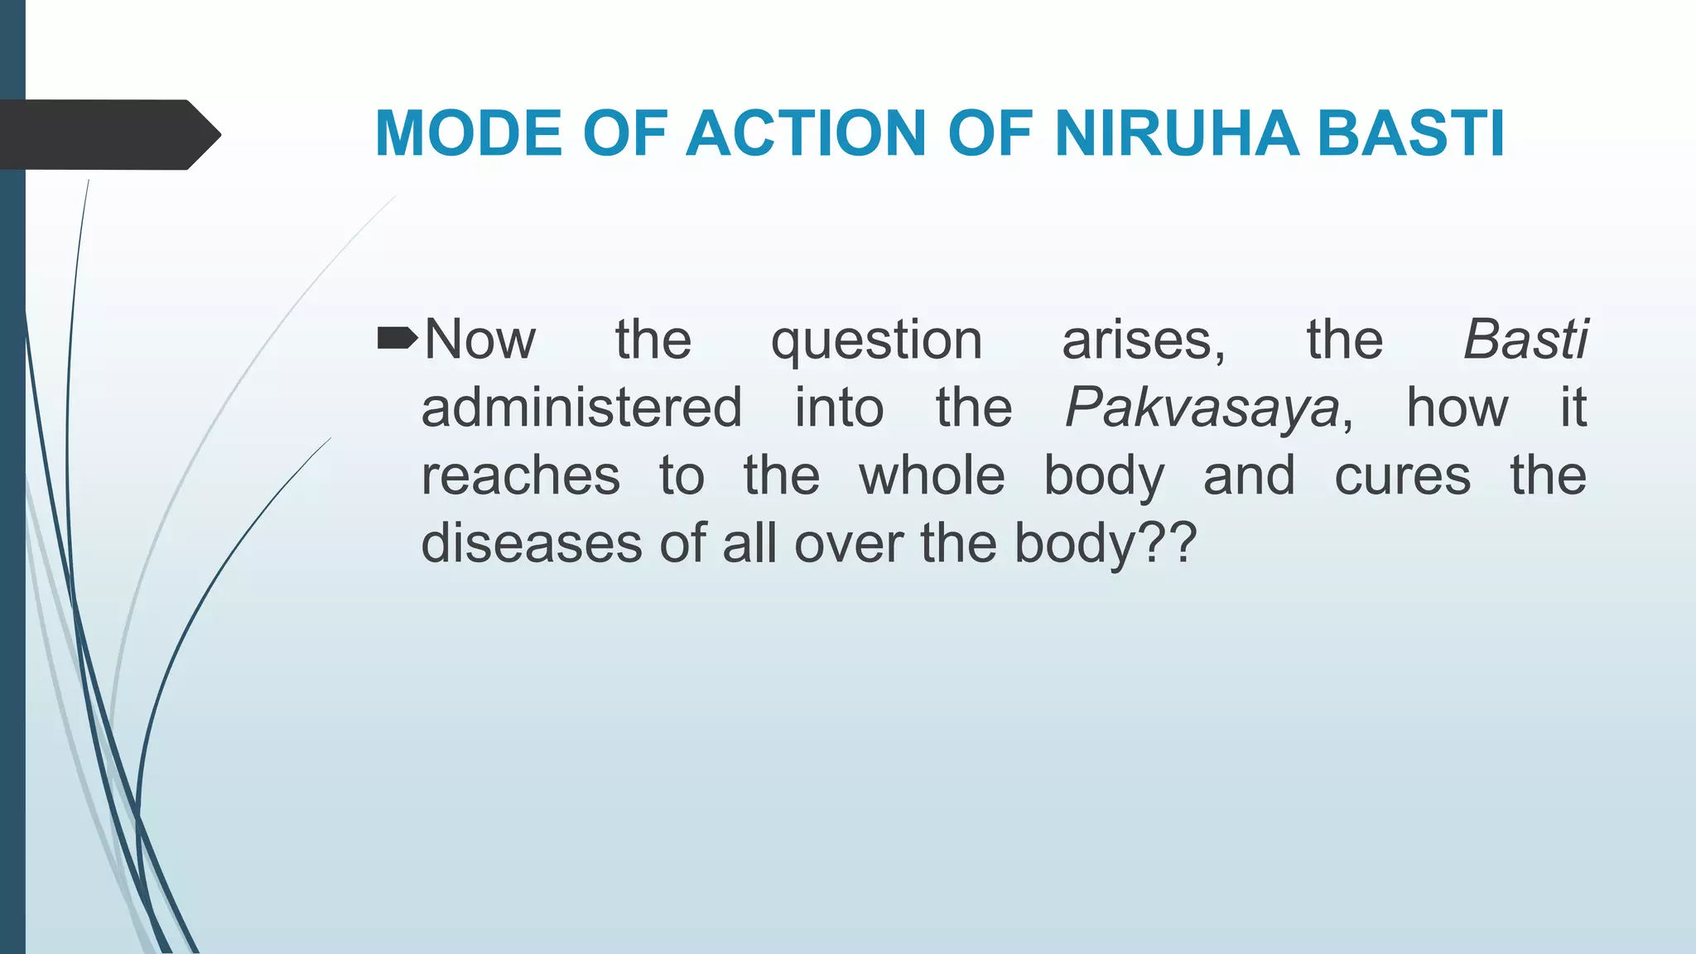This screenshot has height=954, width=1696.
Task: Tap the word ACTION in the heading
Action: (806, 133)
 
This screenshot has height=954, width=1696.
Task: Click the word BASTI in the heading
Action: (1411, 133)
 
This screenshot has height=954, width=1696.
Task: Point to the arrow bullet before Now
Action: (397, 338)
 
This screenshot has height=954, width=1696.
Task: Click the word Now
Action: (480, 340)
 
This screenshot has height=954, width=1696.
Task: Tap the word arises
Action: (1143, 340)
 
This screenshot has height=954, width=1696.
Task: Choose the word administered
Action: (581, 407)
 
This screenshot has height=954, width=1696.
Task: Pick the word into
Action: (839, 407)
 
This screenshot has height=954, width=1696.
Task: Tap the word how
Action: (1457, 407)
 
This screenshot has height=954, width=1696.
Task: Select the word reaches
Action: (521, 476)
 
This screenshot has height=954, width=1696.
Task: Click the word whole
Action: (932, 476)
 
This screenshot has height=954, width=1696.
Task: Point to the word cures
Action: (1402, 476)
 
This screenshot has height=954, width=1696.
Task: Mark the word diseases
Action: (532, 544)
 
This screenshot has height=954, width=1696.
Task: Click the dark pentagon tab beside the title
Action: (108, 134)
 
